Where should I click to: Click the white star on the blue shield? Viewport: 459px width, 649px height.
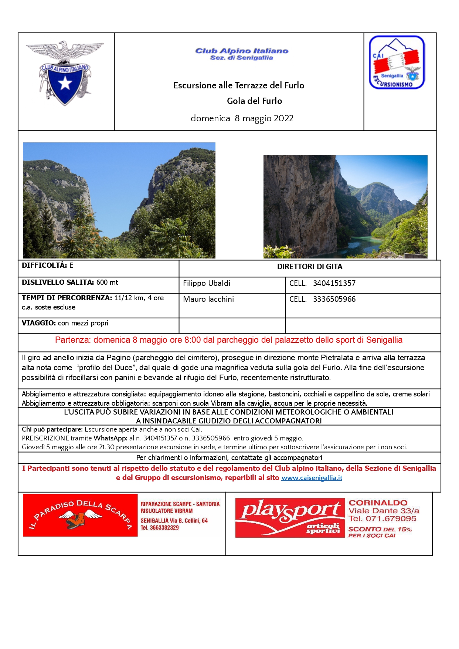click(65, 83)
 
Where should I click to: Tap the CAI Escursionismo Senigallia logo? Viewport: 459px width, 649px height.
click(397, 62)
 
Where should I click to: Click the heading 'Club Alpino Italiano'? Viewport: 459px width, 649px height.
click(242, 51)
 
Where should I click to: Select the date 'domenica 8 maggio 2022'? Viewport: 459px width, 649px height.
click(242, 118)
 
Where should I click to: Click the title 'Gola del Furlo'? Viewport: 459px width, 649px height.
click(254, 101)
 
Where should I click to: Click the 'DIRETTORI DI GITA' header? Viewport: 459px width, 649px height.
click(310, 267)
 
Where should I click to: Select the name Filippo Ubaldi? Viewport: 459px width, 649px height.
click(207, 283)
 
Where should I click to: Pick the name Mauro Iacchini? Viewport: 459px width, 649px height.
click(208, 299)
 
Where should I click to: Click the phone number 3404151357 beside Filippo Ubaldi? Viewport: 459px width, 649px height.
click(334, 283)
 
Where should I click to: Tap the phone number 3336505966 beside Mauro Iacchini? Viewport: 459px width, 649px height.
click(334, 299)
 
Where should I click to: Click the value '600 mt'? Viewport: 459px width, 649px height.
click(107, 283)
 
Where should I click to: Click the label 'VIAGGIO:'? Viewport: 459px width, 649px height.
click(39, 323)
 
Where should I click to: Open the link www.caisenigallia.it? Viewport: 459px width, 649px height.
click(312, 478)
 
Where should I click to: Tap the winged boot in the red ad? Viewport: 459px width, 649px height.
click(80, 518)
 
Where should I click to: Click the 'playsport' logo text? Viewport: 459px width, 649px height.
click(290, 510)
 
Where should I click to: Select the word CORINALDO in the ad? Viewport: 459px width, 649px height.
click(378, 503)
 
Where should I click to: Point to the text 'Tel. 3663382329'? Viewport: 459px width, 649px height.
click(160, 528)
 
